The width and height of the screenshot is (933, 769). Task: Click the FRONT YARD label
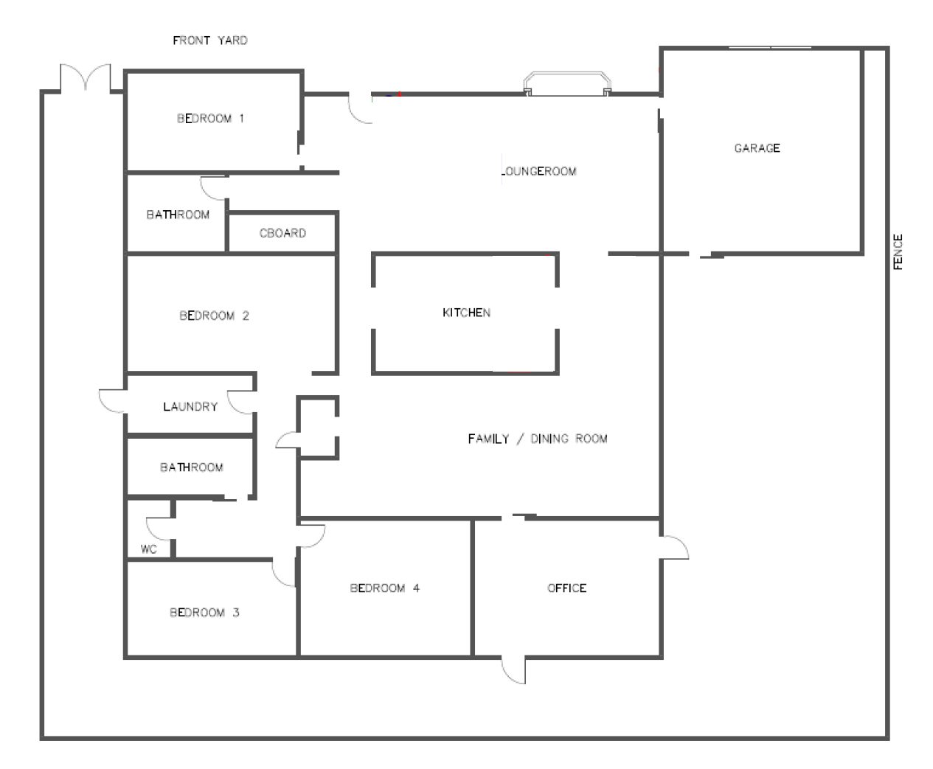(210, 41)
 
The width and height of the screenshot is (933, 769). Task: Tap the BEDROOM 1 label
(210, 119)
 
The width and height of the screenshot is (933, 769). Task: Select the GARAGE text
(757, 148)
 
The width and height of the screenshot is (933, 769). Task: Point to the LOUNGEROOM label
(539, 171)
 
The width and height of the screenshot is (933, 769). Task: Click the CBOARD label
(282, 233)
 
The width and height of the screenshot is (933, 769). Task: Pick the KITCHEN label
(466, 313)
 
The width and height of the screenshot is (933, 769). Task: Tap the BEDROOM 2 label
(214, 316)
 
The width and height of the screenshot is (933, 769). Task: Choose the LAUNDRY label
(190, 406)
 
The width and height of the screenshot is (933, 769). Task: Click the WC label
(149, 549)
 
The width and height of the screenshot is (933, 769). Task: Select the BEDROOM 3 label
(204, 612)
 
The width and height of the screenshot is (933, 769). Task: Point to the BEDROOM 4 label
(385, 588)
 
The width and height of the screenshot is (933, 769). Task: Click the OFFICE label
(566, 588)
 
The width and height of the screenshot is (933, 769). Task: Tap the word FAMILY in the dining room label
(488, 439)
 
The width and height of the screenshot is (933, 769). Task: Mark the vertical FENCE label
(898, 251)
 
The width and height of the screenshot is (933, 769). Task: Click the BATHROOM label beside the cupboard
(178, 215)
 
